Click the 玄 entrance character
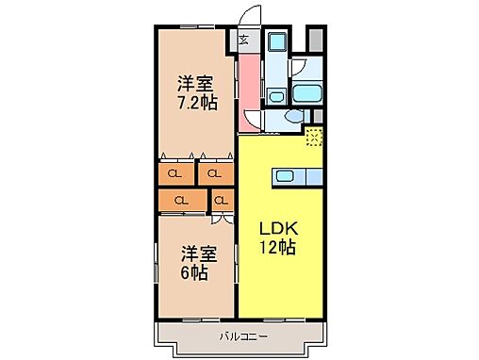(x=243, y=40)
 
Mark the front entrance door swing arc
(x=250, y=17)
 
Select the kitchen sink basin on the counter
(x=284, y=175)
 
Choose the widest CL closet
(x=179, y=200)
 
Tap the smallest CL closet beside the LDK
(x=223, y=200)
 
